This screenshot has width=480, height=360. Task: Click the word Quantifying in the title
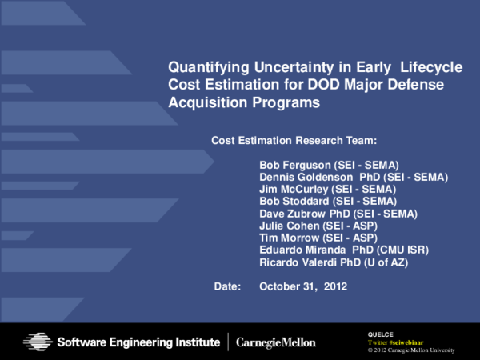tap(202, 69)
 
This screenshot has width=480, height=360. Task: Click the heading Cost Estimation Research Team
tap(294, 141)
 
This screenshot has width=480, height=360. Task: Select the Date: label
tap(227, 286)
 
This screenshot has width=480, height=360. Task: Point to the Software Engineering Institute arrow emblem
tap(37, 342)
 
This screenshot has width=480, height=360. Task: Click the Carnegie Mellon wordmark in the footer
tap(276, 342)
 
